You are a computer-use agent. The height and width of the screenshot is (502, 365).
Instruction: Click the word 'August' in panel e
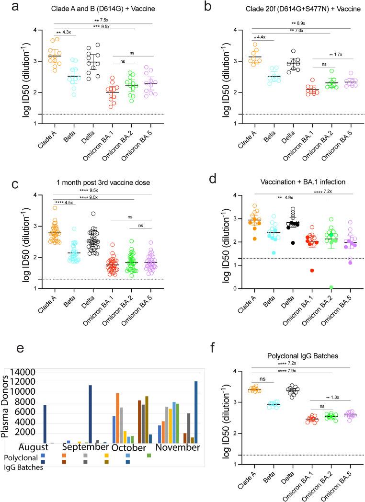click(x=35, y=447)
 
